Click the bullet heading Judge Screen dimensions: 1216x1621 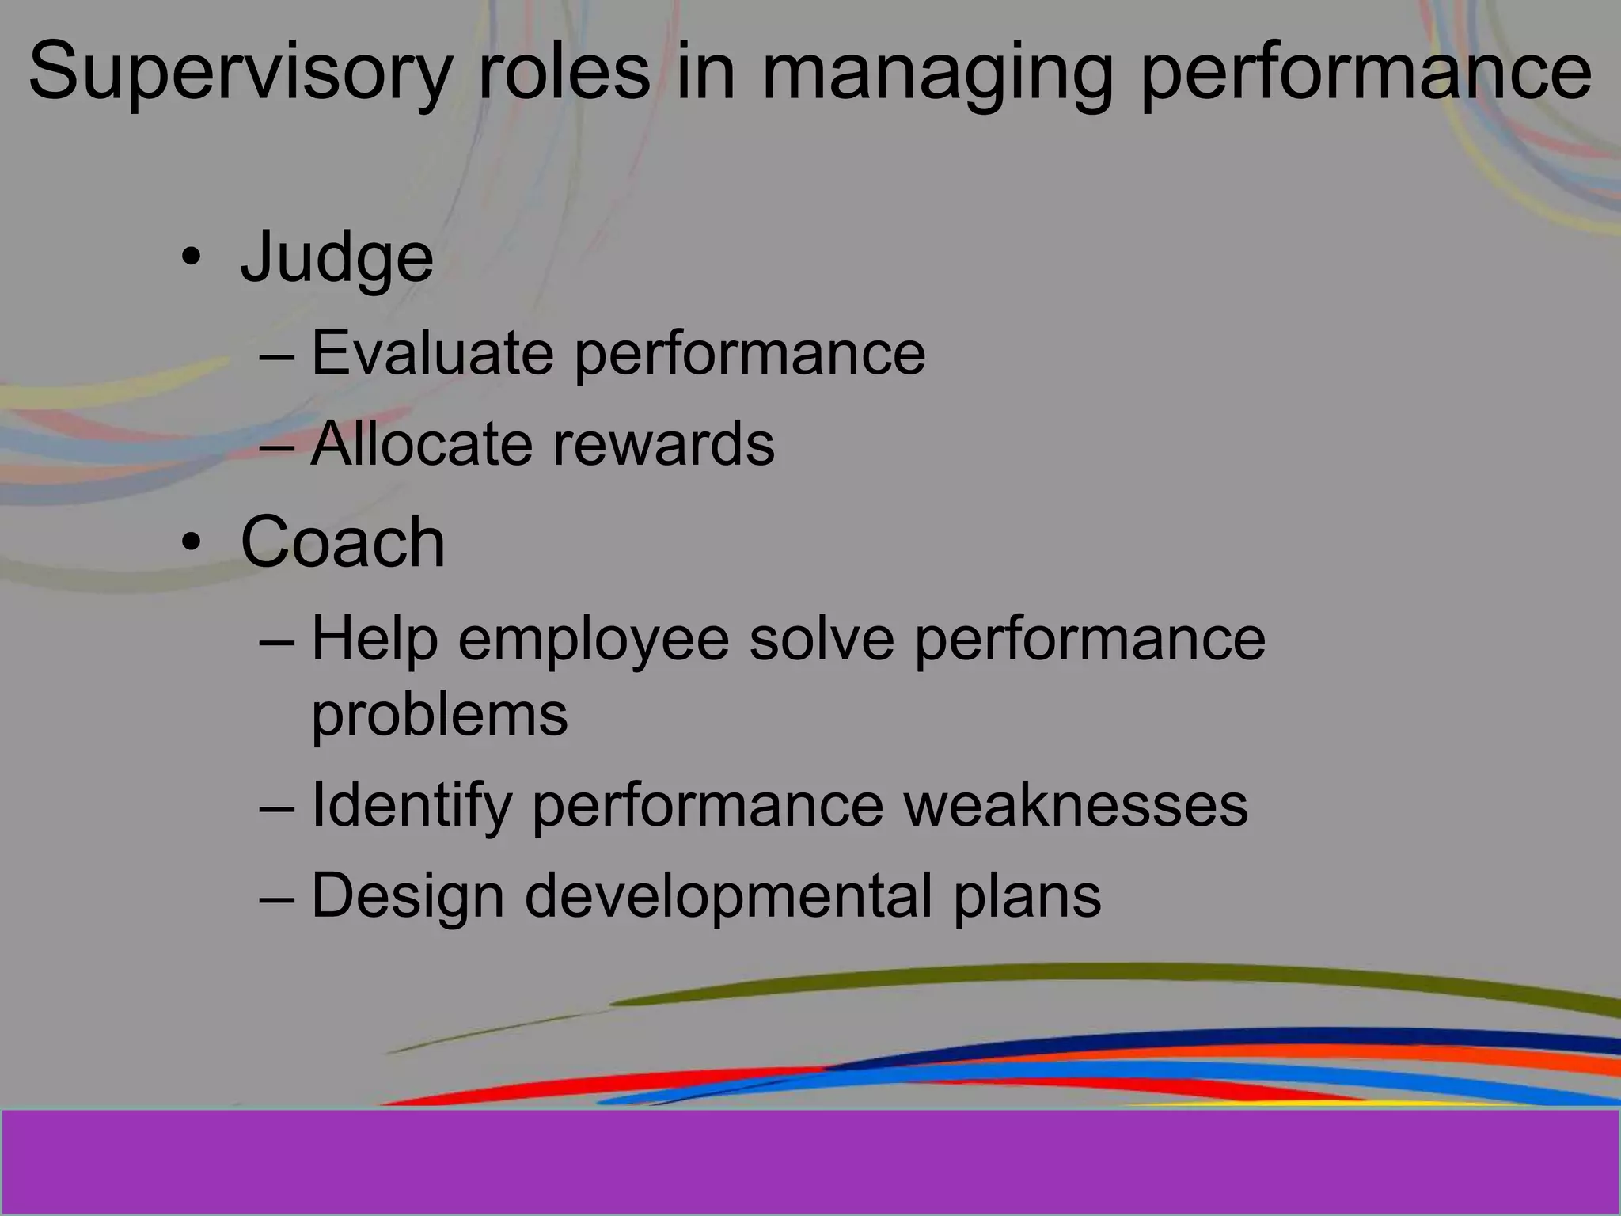pyautogui.click(x=336, y=257)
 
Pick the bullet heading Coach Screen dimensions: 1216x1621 pyautogui.click(x=343, y=542)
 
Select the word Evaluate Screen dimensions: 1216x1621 pyautogui.click(x=432, y=352)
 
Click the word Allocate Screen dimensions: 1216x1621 pyautogui.click(x=422, y=444)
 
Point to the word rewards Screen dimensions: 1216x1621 pyautogui.click(x=663, y=444)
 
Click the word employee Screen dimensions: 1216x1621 pyautogui.click(x=593, y=640)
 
